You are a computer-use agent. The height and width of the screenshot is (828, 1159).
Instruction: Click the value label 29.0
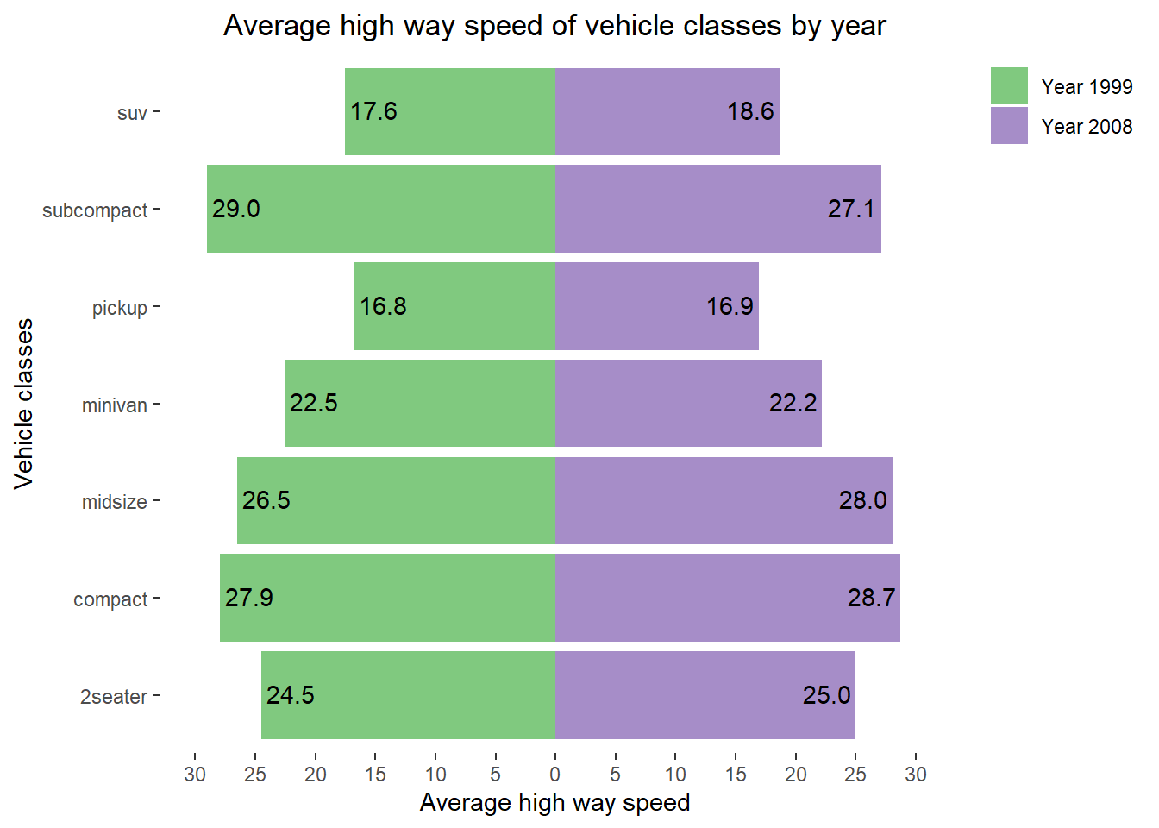click(x=236, y=209)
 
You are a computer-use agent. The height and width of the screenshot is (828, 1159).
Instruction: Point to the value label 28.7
click(x=871, y=598)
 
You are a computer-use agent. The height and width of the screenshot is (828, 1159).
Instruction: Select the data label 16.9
click(x=730, y=306)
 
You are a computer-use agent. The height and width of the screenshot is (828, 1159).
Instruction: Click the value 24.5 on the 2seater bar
click(x=290, y=695)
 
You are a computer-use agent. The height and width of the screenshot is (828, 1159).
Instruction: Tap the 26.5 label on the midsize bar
click(x=266, y=500)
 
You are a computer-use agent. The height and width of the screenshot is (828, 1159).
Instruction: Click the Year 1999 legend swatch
click(x=1009, y=86)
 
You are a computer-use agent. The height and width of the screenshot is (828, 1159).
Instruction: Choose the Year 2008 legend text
click(x=1087, y=127)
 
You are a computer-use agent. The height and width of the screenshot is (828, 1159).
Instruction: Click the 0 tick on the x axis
click(x=555, y=775)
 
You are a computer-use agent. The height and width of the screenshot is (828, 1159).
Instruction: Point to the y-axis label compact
click(x=110, y=599)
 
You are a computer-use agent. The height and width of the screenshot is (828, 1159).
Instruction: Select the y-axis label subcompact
click(x=95, y=210)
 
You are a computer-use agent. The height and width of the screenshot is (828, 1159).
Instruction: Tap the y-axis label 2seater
click(x=114, y=697)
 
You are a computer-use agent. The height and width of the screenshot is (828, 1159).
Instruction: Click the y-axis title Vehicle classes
click(x=23, y=404)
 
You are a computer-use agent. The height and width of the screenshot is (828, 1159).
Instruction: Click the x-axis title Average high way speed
click(x=554, y=803)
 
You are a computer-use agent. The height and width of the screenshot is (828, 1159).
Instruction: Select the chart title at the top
click(x=554, y=26)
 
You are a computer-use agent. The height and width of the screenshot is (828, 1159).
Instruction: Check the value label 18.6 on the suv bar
click(x=750, y=111)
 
